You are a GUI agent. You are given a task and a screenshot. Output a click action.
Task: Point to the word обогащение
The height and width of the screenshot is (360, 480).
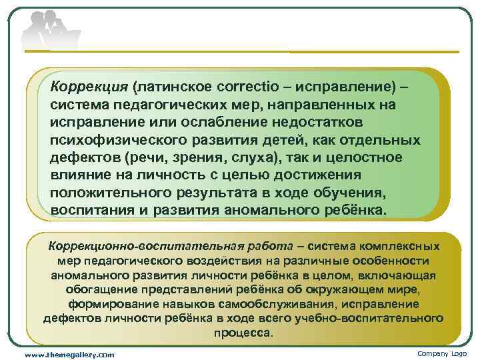point(100,289)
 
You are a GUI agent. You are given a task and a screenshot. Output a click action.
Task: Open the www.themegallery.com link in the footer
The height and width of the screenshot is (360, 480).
point(69,354)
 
